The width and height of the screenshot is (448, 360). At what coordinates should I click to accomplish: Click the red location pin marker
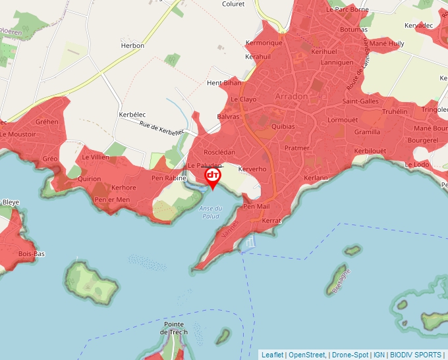pos(213,176)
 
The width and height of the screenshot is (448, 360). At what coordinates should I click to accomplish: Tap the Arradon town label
pos(291,96)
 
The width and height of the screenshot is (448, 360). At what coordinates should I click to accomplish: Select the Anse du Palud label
pos(210,212)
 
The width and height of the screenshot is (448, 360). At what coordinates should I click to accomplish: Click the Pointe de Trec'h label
pos(174,328)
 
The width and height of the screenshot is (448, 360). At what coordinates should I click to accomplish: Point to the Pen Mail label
pos(257,206)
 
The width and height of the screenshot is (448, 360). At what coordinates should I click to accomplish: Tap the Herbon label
pos(132,45)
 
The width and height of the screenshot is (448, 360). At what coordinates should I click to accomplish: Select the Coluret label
pos(233,4)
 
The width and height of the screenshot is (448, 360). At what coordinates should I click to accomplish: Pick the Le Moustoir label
pos(18,134)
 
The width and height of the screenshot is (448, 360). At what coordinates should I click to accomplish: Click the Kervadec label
pos(418,25)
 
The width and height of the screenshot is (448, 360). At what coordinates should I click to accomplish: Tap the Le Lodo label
pos(417,164)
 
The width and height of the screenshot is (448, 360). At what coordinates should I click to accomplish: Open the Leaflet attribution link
pos(272,355)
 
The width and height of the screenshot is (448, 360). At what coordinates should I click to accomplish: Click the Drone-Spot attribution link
pos(350,355)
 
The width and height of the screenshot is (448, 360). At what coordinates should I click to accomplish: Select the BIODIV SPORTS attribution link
pos(417,355)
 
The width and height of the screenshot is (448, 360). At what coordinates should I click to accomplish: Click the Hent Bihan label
pos(225,83)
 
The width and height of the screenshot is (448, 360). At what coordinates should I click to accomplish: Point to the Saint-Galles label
pos(360,101)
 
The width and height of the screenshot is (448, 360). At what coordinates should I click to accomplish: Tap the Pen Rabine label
pos(169,178)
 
